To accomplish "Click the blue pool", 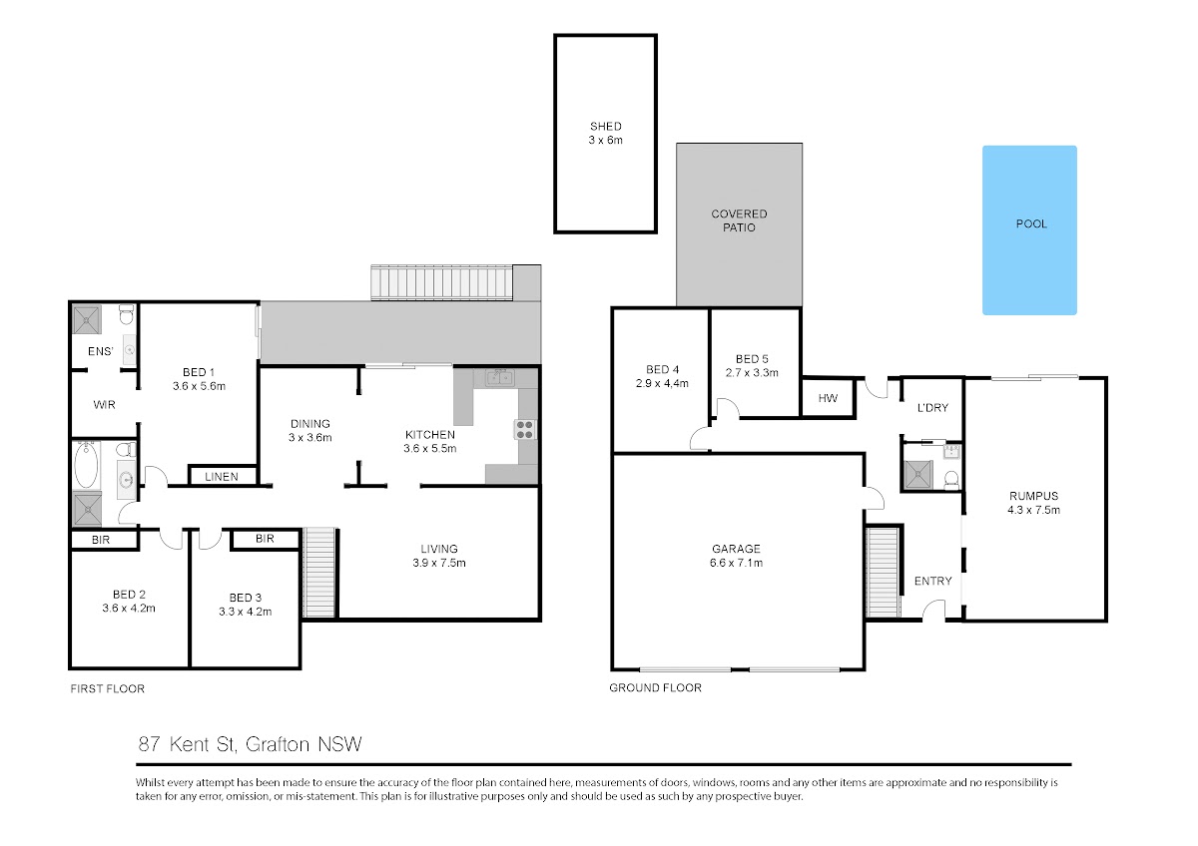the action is [x=1029, y=229].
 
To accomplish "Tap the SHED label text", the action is [x=605, y=127].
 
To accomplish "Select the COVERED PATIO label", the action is [x=739, y=220].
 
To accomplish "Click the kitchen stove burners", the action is [x=525, y=430].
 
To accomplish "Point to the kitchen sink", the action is [x=499, y=378].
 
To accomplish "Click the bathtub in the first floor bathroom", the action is [x=86, y=465].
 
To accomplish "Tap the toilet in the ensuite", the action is [x=126, y=315].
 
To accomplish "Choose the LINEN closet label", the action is [x=222, y=477].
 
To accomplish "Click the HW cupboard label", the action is [x=828, y=398].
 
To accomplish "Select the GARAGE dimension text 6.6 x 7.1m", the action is [x=736, y=563].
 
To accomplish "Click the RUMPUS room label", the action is [x=1033, y=496].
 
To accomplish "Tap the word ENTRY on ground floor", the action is [x=932, y=581].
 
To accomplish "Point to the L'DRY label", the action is [x=932, y=408].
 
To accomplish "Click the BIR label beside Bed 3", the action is [x=265, y=539].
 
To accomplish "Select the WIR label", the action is [x=104, y=405].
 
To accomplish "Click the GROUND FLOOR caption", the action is [x=655, y=687].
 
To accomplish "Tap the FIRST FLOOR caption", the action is [x=108, y=689].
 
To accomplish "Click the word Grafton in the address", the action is [x=278, y=744].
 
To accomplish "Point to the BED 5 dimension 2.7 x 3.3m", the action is [x=752, y=372].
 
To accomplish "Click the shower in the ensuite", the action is [x=87, y=319].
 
